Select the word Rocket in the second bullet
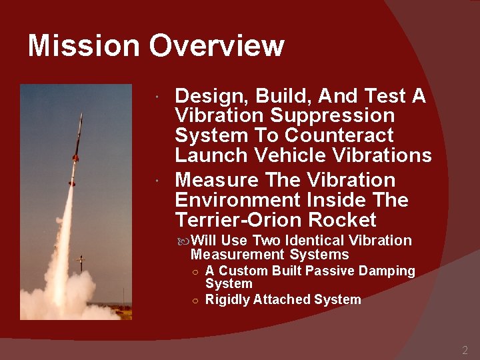tap(347, 220)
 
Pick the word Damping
tap(387, 271)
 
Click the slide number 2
tap(465, 350)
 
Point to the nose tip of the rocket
tap(82, 115)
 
